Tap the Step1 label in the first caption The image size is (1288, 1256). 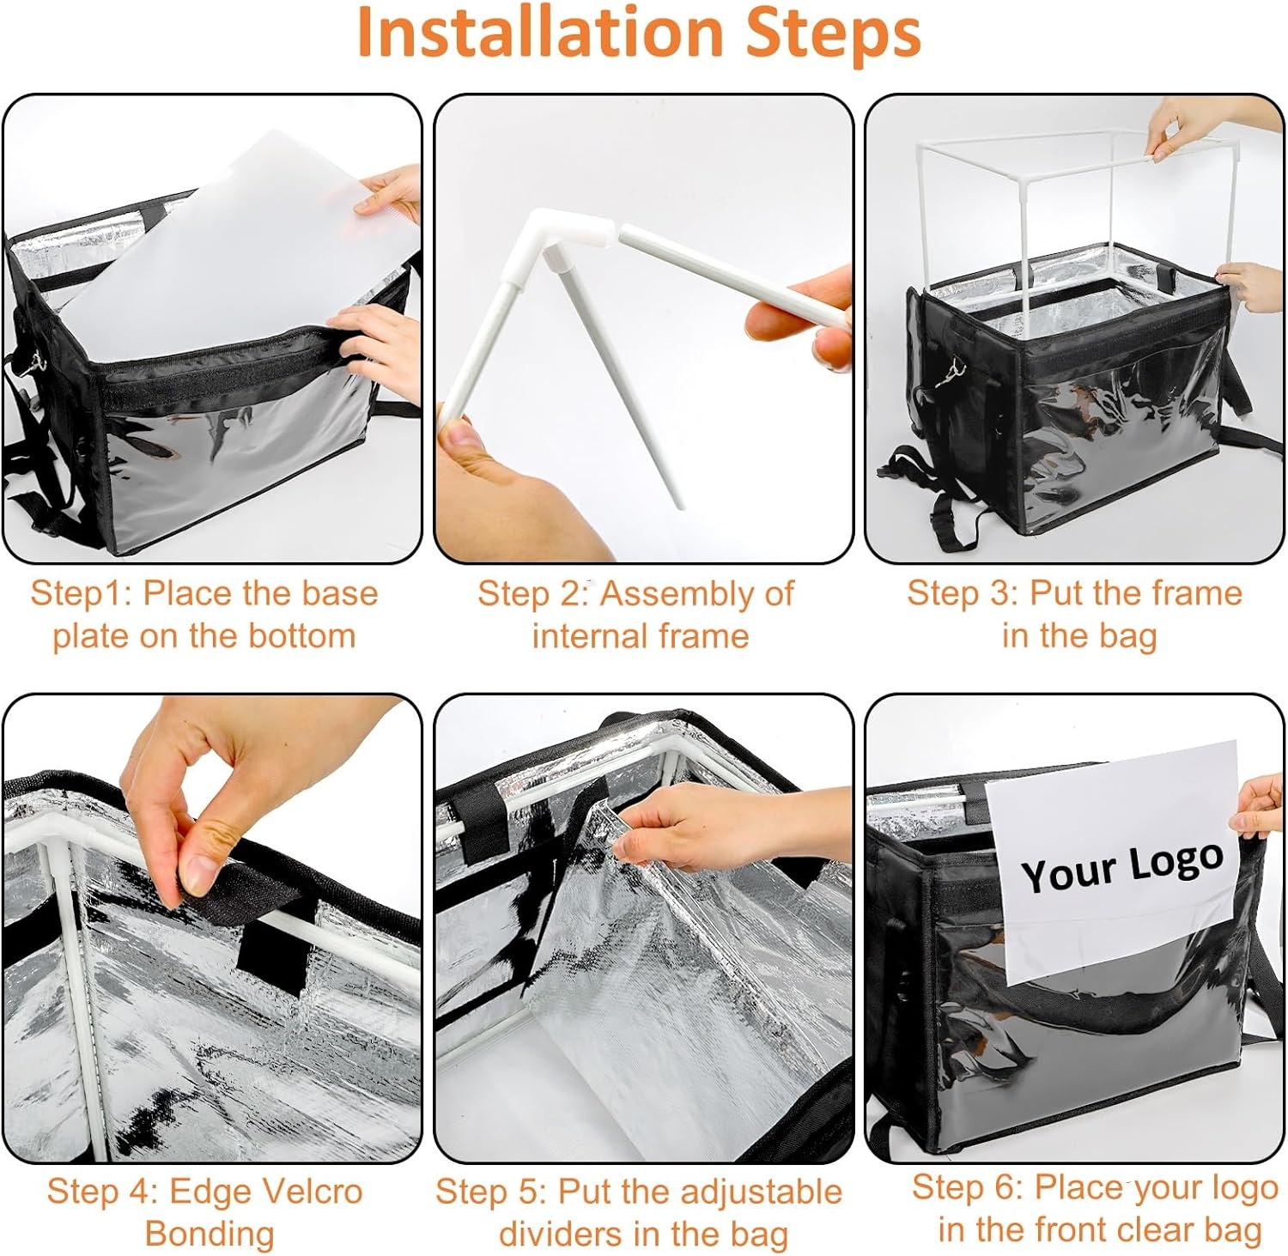click(x=79, y=593)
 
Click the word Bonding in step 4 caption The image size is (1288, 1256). click(x=210, y=1235)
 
